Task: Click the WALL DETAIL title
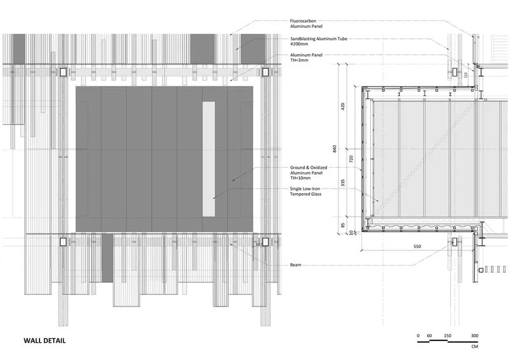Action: pyautogui.click(x=45, y=340)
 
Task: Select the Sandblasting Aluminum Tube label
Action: pyautogui.click(x=318, y=41)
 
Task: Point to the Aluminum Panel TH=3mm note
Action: pyautogui.click(x=306, y=57)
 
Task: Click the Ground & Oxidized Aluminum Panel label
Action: pyautogui.click(x=309, y=173)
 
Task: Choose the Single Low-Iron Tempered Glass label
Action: pyautogui.click(x=305, y=191)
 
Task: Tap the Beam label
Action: pyautogui.click(x=295, y=264)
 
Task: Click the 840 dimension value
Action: pyautogui.click(x=334, y=149)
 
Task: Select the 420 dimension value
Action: pyautogui.click(x=343, y=106)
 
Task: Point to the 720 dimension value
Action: pyautogui.click(x=351, y=159)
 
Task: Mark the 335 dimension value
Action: pyautogui.click(x=343, y=183)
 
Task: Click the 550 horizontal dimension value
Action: pyautogui.click(x=417, y=246)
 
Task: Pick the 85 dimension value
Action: pyautogui.click(x=343, y=225)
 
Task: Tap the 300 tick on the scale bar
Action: pyautogui.click(x=474, y=335)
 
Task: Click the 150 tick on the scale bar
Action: pyautogui.click(x=448, y=335)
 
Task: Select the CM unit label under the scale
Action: pyautogui.click(x=474, y=347)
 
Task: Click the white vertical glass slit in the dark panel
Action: pyautogui.click(x=208, y=159)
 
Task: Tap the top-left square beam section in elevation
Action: pyautogui.click(x=63, y=72)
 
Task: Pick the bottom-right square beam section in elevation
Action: pyautogui.click(x=265, y=242)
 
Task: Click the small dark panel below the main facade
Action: pyautogui.click(x=107, y=257)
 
